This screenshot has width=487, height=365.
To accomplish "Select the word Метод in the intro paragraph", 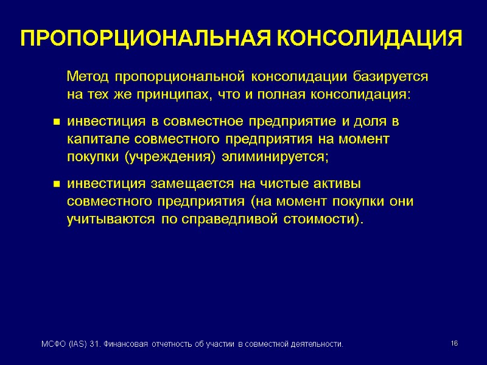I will point(88,77).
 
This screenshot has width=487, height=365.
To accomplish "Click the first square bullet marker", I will point(55,123).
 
